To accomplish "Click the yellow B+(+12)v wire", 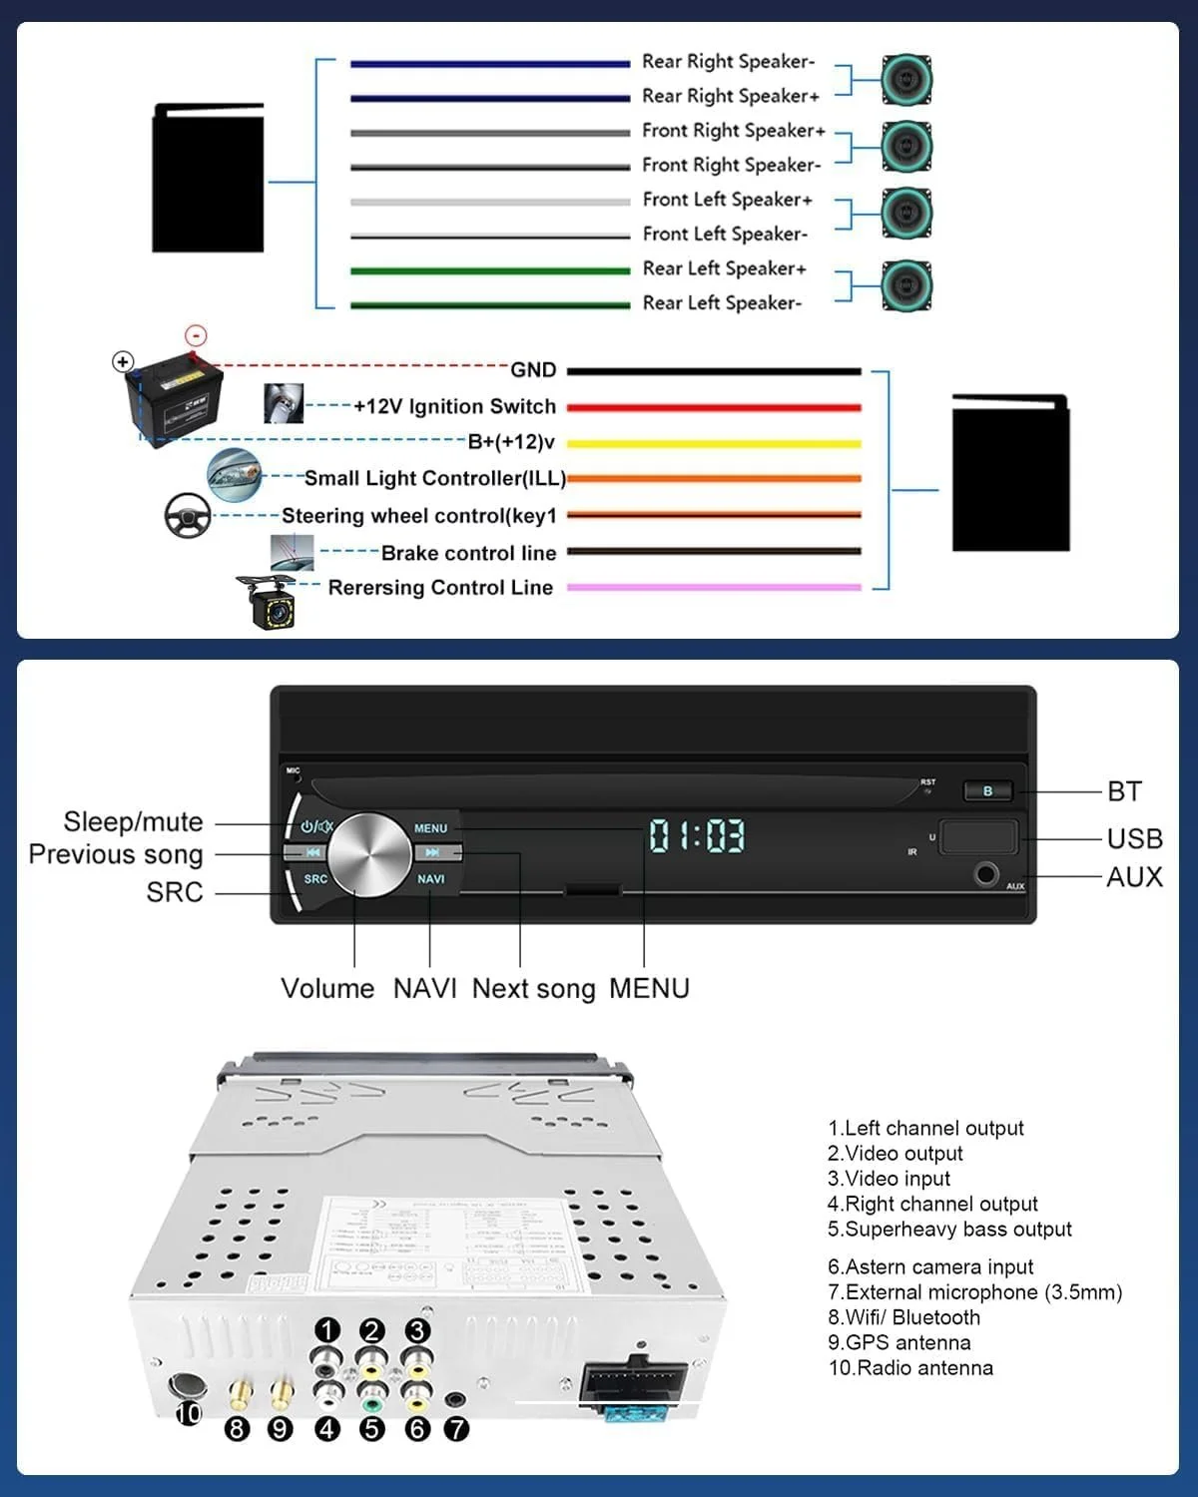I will tap(714, 443).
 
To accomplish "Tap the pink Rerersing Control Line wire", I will tap(714, 588).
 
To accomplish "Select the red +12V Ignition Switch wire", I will tap(714, 407).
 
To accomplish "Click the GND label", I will tap(533, 370).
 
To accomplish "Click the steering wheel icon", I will tap(188, 515).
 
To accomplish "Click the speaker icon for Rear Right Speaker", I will tap(906, 80).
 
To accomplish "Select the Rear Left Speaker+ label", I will tap(724, 268).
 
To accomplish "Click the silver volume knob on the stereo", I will tap(369, 853).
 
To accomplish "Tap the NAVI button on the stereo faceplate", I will tap(431, 879).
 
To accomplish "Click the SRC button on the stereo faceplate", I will tap(315, 879).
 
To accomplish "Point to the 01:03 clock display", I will tap(697, 835).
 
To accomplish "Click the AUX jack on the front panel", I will tap(986, 874).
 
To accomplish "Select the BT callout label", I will tap(1124, 791).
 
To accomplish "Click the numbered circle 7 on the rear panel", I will tap(456, 1429).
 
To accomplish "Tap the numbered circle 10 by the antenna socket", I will tap(189, 1413).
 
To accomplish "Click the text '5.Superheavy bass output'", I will tap(949, 1230).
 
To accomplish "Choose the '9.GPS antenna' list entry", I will tap(898, 1343).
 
